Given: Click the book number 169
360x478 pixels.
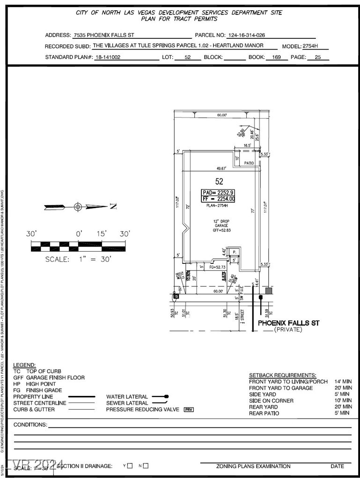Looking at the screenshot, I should pos(276,58).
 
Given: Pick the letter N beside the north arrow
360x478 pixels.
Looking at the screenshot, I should pos(113,207).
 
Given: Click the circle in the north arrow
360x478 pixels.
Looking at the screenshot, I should pos(78,207).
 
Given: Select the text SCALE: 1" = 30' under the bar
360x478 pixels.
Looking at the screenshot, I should pos(78,259).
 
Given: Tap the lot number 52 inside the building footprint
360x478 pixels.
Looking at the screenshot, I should pos(219,181).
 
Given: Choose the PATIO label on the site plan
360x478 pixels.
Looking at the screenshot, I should pos(249,163).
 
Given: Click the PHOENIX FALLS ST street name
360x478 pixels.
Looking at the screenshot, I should pos(289,323).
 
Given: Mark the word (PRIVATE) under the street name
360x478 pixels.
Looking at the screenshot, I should pos(288,330).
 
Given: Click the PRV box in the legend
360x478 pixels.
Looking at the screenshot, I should pos(189,410).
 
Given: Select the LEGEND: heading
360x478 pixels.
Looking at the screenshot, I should pos(24,365).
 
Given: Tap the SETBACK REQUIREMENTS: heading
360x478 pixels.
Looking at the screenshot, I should pos(282,375).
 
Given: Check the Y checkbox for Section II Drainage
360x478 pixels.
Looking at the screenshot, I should pos(130,466).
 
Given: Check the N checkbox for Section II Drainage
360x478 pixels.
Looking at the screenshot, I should pos(146,466).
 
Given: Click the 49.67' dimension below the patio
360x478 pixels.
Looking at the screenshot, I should pos(221,168).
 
